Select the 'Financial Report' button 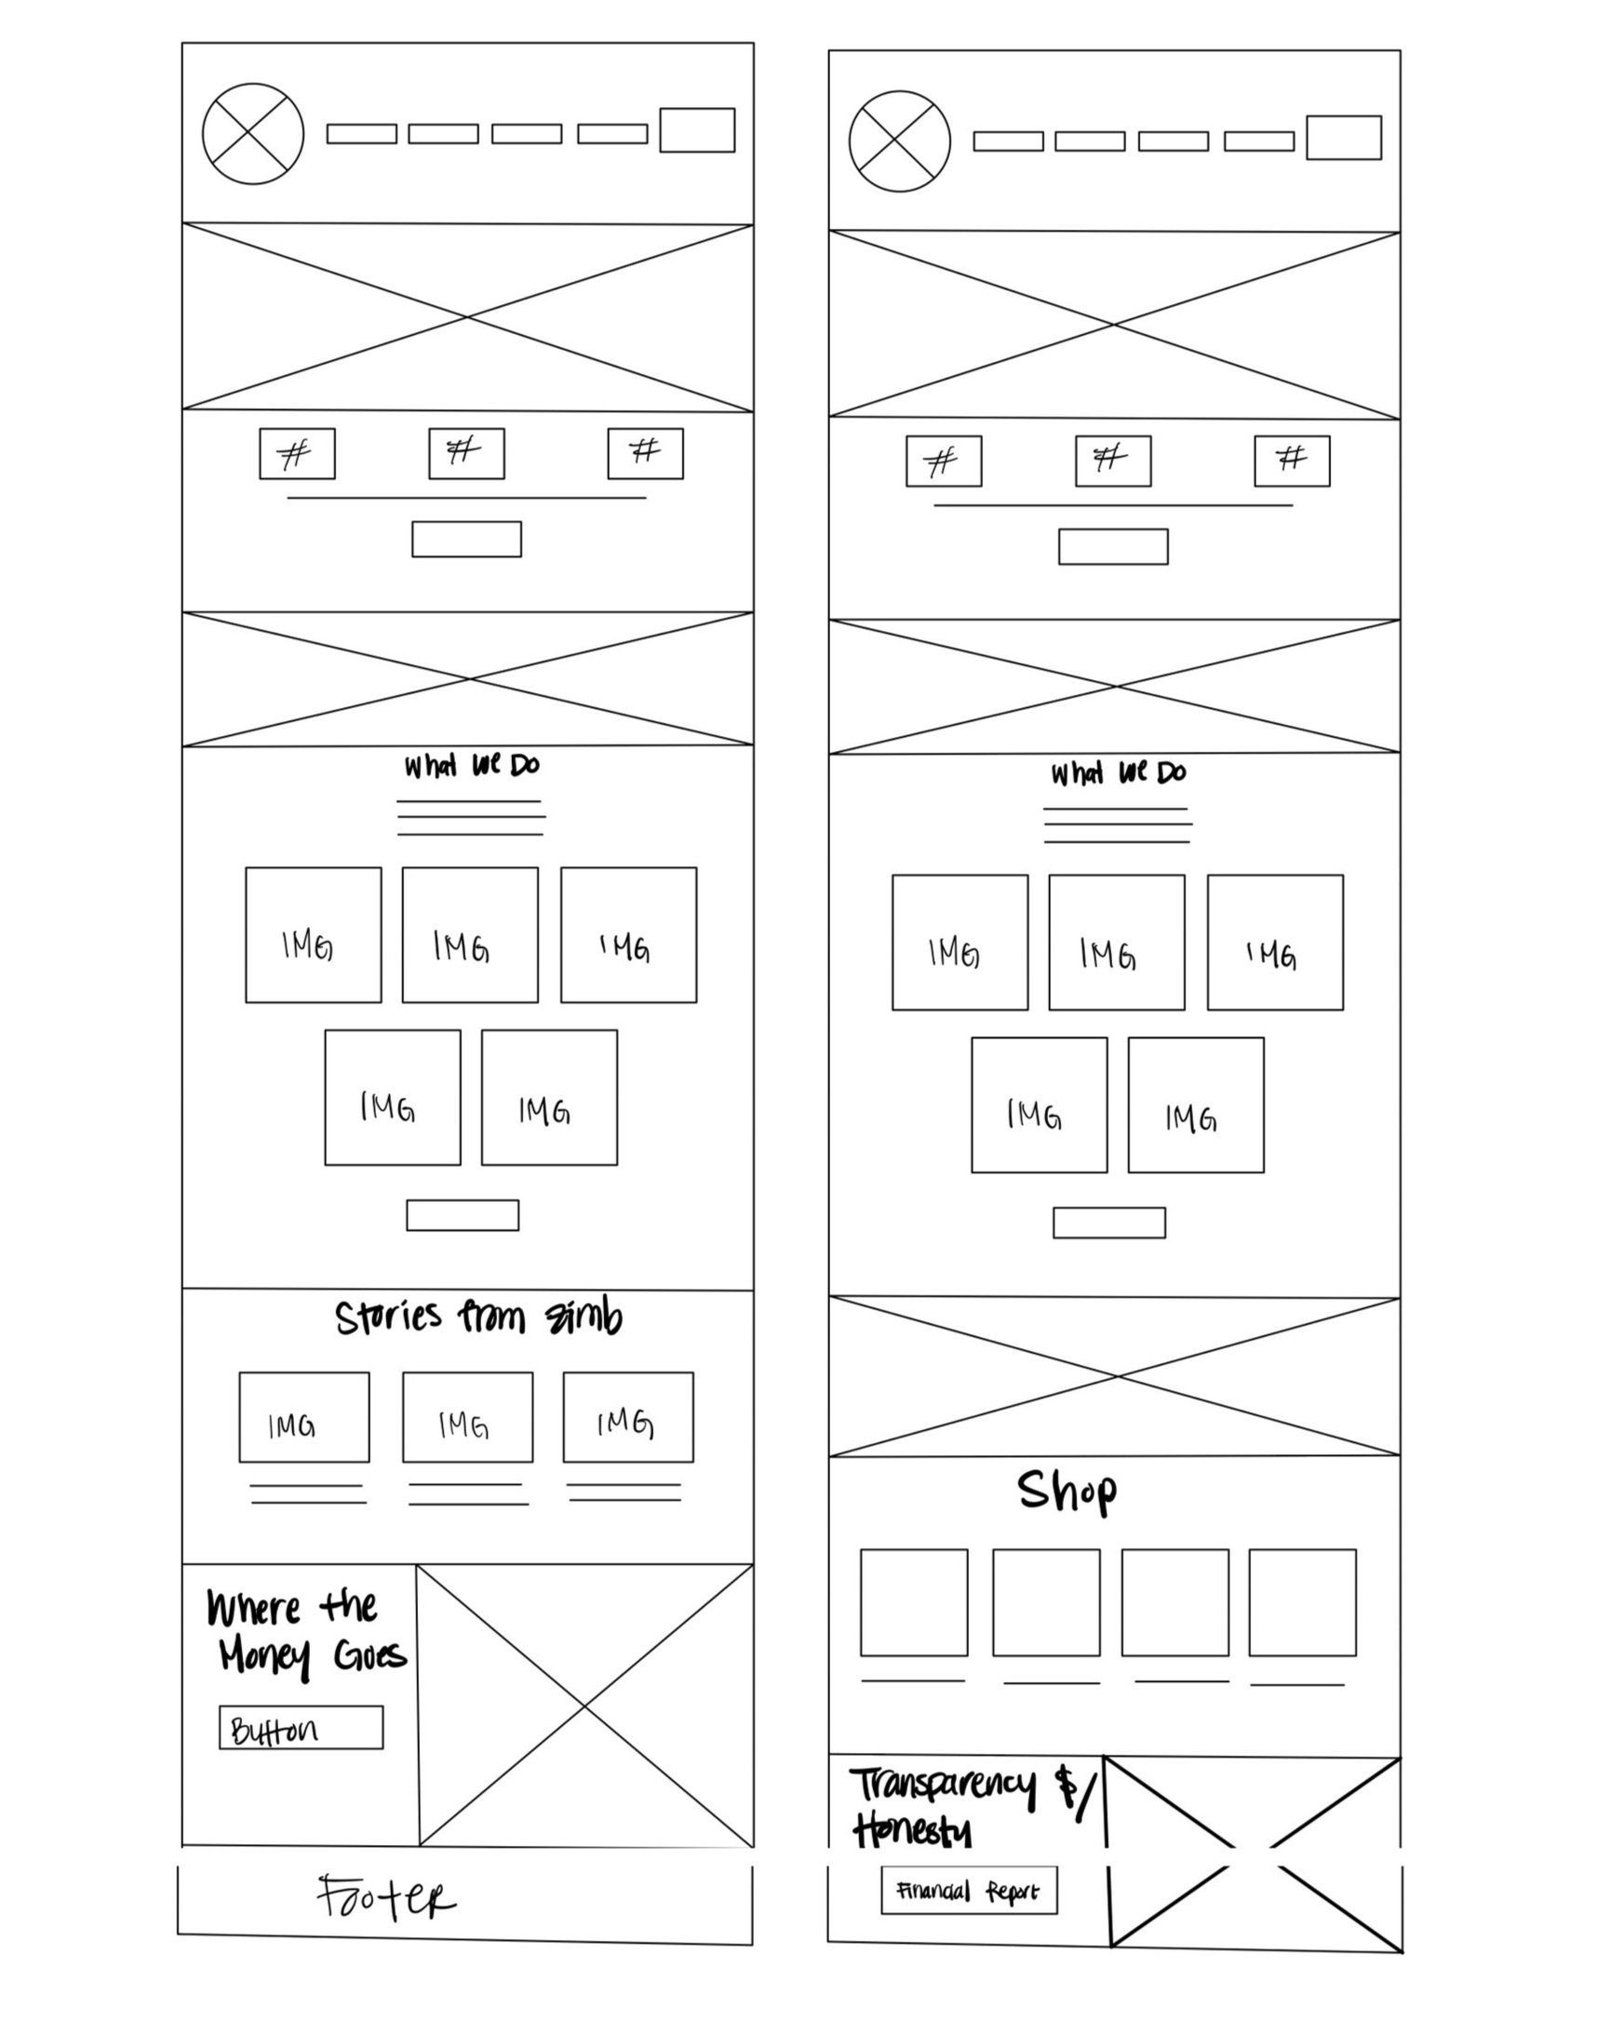(969, 1891)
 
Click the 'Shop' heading (1067, 1490)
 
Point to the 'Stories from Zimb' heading (477, 1317)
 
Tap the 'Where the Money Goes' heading (304, 1631)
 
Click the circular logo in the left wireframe (252, 134)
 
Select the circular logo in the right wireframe (900, 141)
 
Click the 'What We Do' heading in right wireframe (1119, 773)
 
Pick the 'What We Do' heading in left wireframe (471, 766)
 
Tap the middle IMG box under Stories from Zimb (467, 1417)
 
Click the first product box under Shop (914, 1602)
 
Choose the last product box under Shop (1303, 1602)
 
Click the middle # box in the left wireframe (466, 453)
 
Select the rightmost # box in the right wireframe (1292, 461)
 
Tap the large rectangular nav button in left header (696, 130)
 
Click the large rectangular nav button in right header (1344, 138)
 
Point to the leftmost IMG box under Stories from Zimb (304, 1417)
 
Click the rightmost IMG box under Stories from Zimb (628, 1417)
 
